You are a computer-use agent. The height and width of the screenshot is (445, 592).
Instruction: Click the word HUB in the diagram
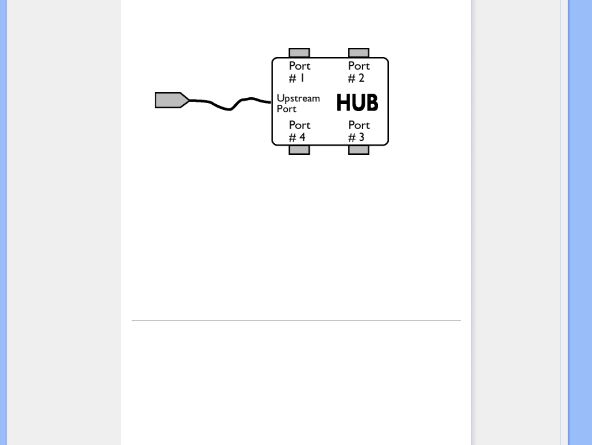click(357, 103)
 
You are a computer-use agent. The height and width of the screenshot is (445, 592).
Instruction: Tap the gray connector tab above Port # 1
click(299, 53)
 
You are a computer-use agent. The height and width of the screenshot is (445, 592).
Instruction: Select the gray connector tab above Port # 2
click(358, 53)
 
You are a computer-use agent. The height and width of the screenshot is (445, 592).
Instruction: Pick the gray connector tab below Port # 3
click(358, 150)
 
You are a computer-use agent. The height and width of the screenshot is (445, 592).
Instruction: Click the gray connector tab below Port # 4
click(299, 150)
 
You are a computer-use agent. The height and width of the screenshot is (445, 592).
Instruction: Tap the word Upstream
click(298, 99)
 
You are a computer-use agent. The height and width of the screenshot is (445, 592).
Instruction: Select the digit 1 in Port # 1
click(302, 78)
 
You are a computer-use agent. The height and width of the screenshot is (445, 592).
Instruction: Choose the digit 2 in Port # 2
click(361, 78)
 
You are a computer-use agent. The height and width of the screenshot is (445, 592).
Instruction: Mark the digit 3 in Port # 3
click(361, 137)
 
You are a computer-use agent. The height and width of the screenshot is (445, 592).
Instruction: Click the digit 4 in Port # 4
click(302, 137)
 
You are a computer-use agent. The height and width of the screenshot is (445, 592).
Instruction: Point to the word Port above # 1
click(300, 66)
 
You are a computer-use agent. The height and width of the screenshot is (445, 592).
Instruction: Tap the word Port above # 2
click(359, 66)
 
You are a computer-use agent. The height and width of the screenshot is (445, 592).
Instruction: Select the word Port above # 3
click(359, 125)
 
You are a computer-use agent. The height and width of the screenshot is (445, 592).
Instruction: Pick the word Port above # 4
click(300, 125)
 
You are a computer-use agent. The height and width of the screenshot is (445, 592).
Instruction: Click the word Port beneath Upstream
click(287, 109)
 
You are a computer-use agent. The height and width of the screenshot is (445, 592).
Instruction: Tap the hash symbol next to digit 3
click(351, 138)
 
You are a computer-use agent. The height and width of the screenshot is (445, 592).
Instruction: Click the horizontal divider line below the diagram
click(296, 320)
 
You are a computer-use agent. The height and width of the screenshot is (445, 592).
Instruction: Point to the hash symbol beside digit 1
click(292, 78)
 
